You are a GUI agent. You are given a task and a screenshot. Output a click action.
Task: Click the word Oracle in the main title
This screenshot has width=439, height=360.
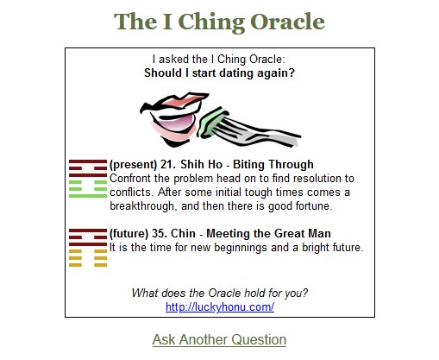point(287,22)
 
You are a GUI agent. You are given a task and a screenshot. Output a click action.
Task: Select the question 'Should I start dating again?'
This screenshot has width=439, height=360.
point(219,73)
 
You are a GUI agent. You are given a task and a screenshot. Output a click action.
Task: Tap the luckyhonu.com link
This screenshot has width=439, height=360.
point(220,307)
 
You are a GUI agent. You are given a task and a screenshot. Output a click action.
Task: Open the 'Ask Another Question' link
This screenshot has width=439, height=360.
point(219,339)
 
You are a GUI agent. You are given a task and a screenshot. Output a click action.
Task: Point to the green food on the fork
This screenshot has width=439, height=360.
point(212,123)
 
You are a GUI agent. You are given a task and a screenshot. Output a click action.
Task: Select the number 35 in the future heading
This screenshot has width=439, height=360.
point(158,233)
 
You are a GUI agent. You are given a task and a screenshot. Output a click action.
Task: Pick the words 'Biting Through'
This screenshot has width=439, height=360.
point(273,165)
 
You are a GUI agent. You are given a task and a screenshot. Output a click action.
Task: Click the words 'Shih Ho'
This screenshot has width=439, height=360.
point(202,165)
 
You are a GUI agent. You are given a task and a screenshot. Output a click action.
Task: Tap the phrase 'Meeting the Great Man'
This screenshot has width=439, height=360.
point(268,233)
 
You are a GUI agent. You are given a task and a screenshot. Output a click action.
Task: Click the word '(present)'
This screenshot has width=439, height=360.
point(133,165)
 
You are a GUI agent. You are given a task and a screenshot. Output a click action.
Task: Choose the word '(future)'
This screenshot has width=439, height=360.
point(129,234)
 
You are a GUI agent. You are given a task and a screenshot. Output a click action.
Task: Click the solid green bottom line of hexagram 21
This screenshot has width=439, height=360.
point(88,196)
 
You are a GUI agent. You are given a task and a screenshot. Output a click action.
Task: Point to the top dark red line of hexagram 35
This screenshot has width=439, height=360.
point(88,231)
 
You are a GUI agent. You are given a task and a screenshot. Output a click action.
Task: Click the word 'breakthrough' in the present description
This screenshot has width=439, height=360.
point(142,206)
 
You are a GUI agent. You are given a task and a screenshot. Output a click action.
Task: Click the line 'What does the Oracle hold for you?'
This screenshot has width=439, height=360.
point(220,293)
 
